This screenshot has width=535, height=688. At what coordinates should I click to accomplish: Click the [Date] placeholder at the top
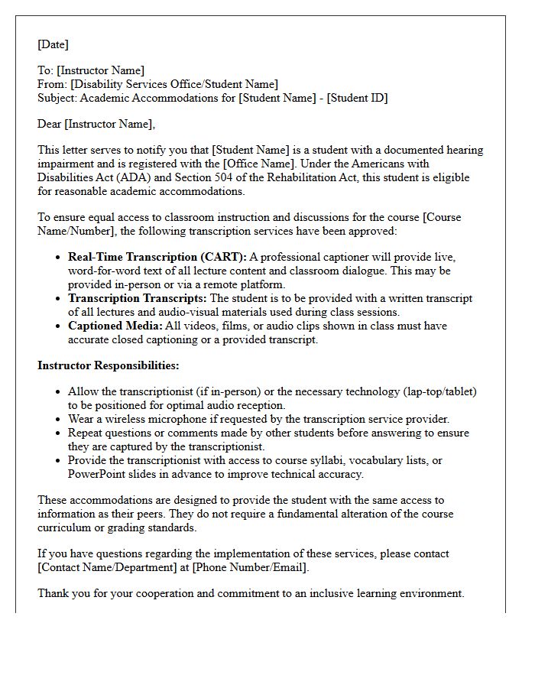point(53,44)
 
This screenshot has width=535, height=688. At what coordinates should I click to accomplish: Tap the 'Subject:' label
point(58,98)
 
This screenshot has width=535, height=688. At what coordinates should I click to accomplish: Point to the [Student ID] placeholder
point(357,98)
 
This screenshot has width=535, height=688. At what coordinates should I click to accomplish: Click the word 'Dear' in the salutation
point(50,124)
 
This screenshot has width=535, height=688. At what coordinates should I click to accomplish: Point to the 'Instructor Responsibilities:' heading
point(109,365)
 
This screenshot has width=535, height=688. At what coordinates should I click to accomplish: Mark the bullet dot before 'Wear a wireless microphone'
point(59,420)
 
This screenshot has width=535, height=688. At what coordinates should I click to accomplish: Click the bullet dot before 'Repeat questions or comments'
point(59,433)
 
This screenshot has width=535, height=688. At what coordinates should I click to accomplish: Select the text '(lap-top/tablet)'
point(439,391)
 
